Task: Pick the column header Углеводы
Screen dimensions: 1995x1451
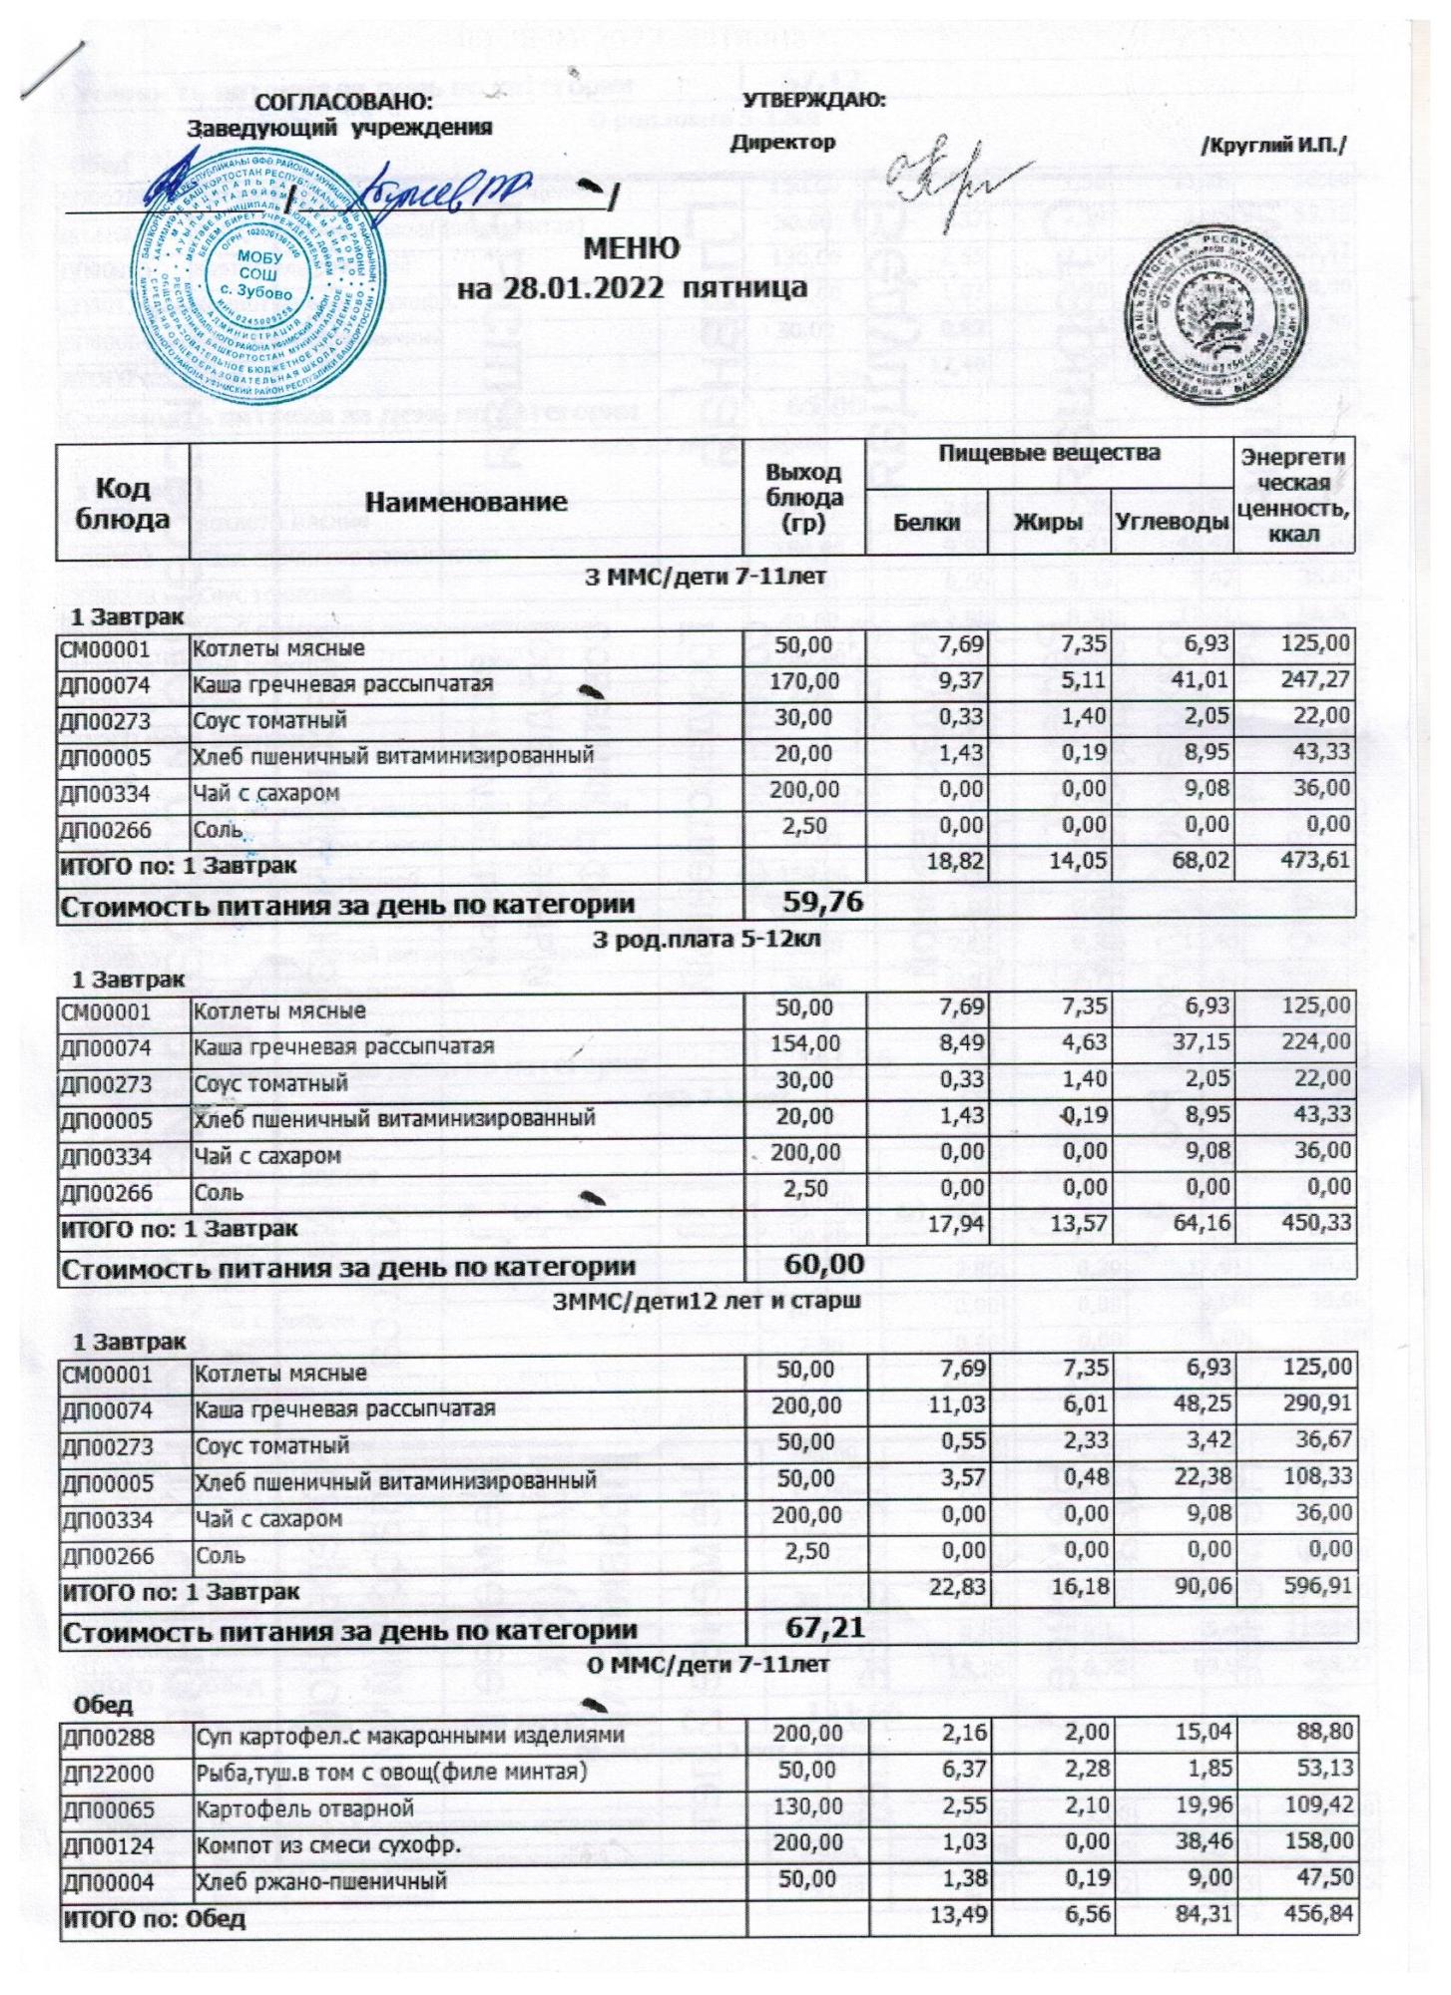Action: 1171,522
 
